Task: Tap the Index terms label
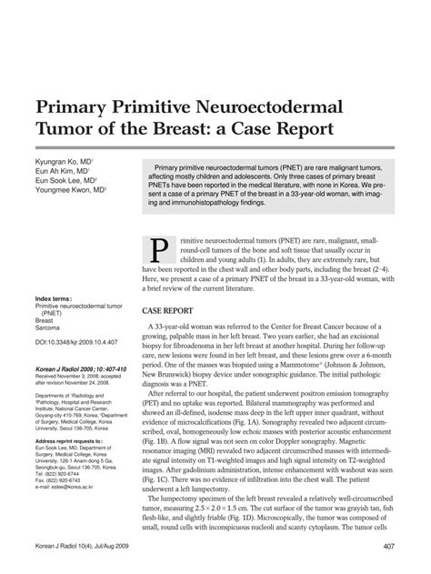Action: (54, 297)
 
